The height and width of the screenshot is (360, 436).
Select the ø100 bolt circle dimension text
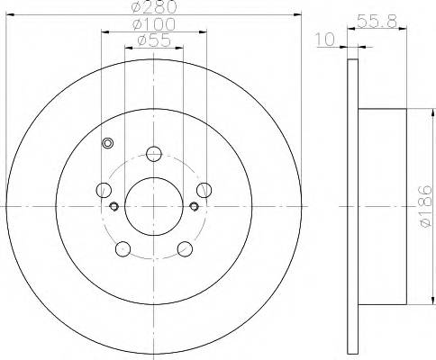click(x=151, y=24)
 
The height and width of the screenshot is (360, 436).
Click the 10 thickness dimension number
click(x=326, y=38)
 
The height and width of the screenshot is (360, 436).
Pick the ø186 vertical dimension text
click(x=427, y=207)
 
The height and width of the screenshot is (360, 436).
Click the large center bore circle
click(x=154, y=206)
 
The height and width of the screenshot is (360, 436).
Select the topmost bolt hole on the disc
click(x=154, y=153)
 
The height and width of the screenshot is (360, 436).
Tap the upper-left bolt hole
click(x=104, y=190)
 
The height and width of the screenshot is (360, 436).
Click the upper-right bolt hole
click(x=204, y=190)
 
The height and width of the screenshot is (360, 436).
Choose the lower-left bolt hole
click(x=123, y=248)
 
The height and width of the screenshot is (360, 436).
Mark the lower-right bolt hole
click(x=185, y=248)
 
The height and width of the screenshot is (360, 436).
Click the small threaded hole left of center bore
click(x=114, y=206)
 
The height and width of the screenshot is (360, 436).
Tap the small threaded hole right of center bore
click(x=195, y=206)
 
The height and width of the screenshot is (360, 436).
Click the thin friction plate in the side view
click(x=351, y=207)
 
